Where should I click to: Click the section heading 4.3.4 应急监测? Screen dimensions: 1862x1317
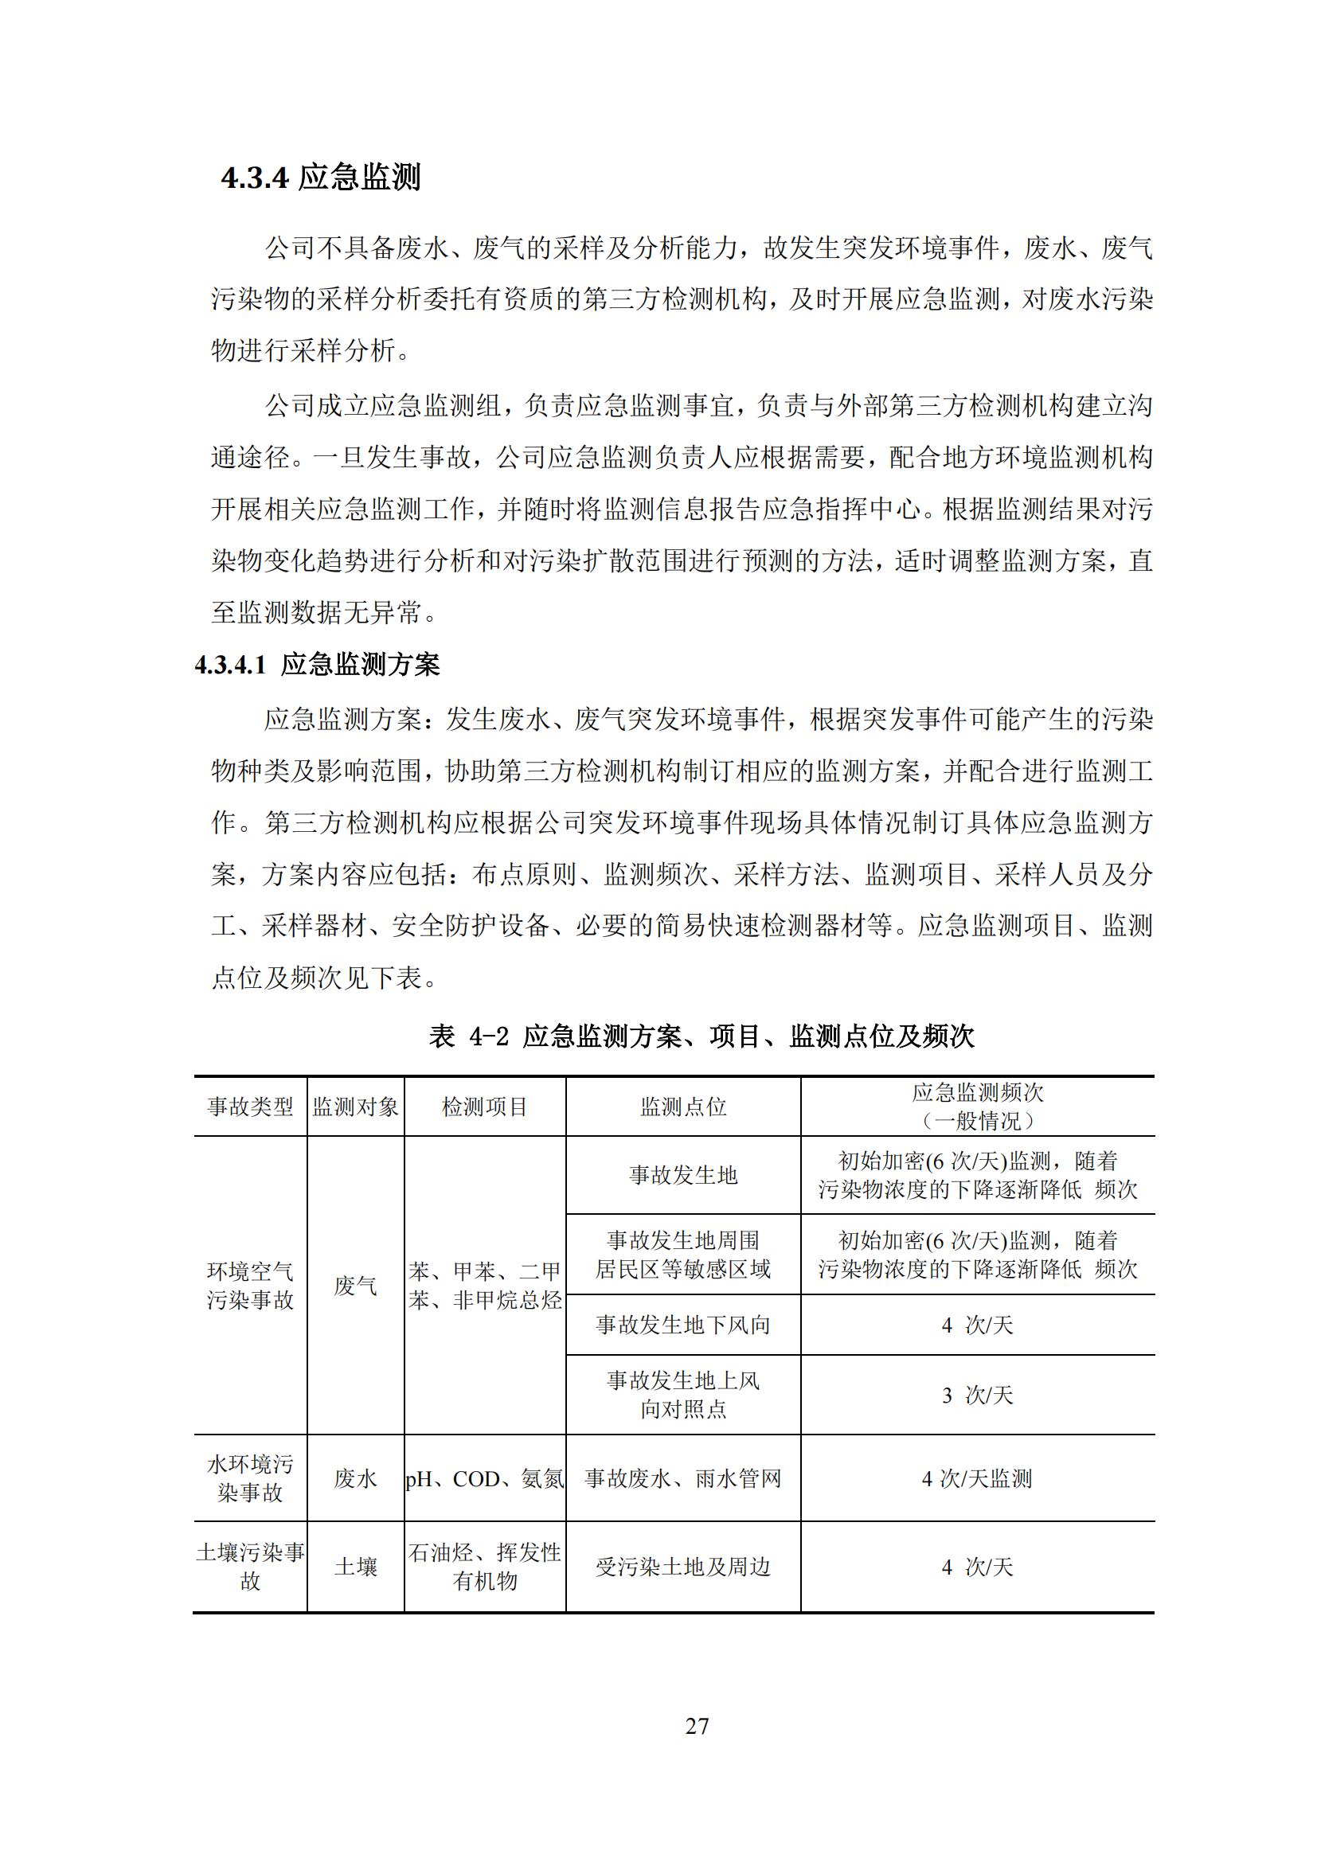320,177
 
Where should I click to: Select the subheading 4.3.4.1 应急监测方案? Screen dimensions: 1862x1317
317,665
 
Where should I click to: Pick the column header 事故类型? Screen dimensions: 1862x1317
250,1107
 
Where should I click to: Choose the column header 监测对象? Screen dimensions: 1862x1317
355,1107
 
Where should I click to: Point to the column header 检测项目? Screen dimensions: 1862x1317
485,1107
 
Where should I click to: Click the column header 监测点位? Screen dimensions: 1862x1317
683,1107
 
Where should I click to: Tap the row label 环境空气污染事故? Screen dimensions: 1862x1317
250,1286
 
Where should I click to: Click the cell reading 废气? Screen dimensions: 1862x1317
355,1286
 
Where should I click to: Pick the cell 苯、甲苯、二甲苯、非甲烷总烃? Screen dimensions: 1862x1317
485,1286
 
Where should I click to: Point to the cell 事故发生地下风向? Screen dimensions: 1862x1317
683,1325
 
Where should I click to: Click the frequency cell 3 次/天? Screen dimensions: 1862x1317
977,1395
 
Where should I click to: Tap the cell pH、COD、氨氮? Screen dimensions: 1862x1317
485,1479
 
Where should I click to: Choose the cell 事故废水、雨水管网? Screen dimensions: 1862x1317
683,1479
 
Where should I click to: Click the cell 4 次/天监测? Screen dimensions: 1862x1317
977,1479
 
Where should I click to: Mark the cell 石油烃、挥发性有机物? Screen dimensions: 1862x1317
485,1566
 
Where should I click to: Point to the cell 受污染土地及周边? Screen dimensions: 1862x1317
683,1567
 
